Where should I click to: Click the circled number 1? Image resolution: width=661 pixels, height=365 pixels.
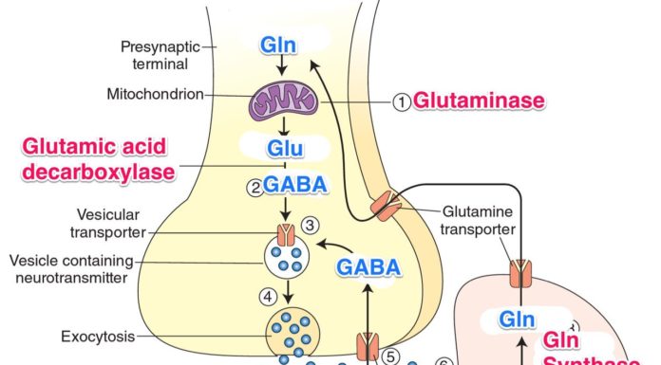tap(402, 101)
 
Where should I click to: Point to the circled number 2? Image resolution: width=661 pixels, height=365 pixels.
tap(255, 187)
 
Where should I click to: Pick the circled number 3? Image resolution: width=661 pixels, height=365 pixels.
tap(309, 225)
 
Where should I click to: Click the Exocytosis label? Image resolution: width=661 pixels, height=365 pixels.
tap(97, 336)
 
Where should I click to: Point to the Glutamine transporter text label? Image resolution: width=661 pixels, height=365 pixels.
tap(480, 220)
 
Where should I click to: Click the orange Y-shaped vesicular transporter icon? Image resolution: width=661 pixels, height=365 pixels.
tap(285, 231)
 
